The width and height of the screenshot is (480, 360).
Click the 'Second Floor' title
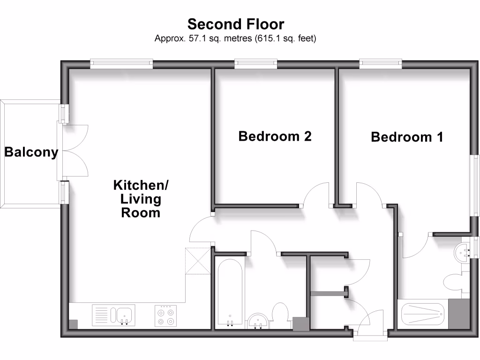pos(236,23)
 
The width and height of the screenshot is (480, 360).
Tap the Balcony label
pos(31,152)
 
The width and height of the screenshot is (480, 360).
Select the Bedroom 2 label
pos(275,136)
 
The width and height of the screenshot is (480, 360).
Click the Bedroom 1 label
pos(407,137)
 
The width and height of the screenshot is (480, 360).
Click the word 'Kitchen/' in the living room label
pos(141,186)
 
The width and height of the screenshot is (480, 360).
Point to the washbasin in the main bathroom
pos(257,321)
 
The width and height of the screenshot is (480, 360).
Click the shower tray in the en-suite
pos(422,314)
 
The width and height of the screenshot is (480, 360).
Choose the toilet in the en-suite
pos(454,283)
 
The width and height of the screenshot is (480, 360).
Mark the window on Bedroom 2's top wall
pos(255,63)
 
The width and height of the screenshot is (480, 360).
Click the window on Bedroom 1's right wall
pos(476,185)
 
